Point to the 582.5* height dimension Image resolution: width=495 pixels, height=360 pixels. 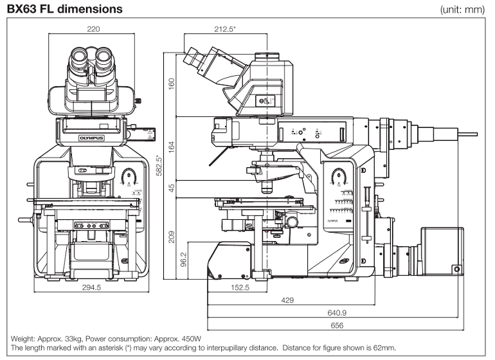(159, 168)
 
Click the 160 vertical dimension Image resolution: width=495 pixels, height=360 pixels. (171, 85)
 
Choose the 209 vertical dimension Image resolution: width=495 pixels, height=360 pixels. (171, 237)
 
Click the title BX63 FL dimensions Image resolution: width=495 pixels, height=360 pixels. (64, 8)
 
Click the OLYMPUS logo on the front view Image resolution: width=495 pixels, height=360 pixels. (90, 137)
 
